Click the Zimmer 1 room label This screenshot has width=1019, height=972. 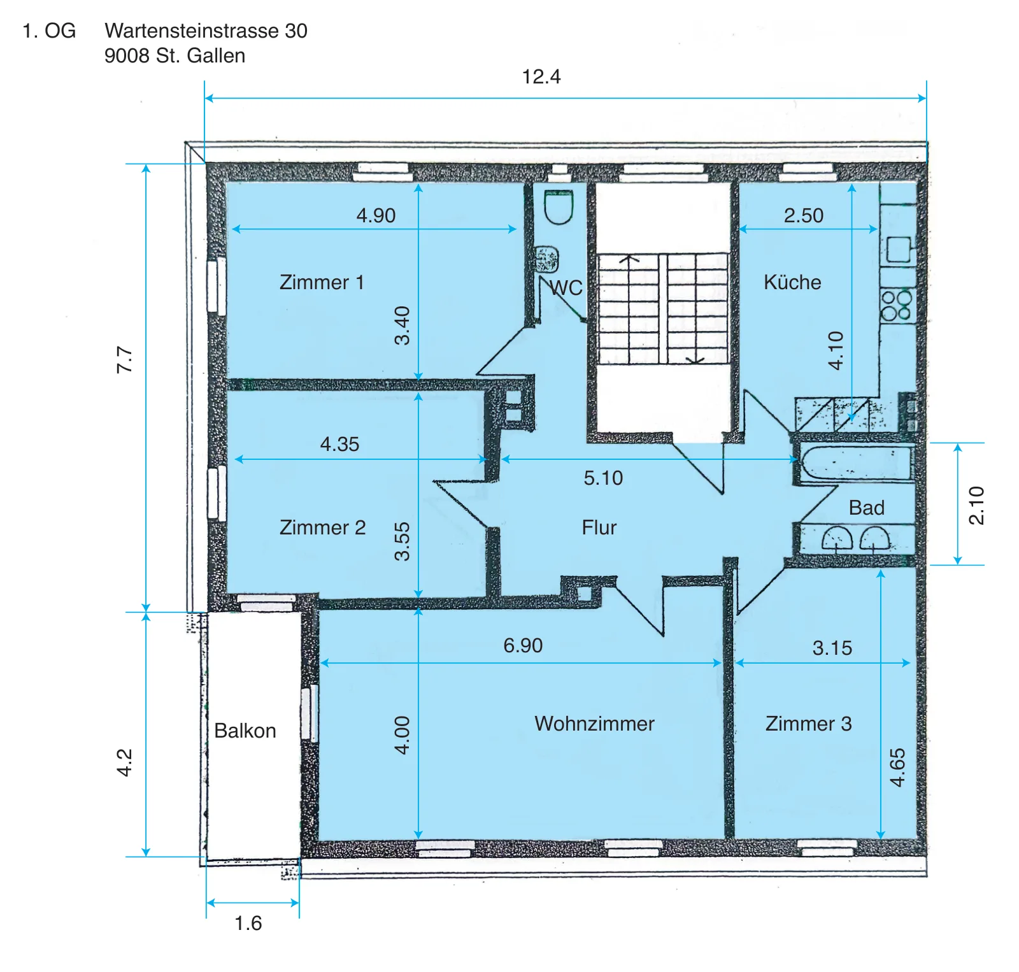[322, 282]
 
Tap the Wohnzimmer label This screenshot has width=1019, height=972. [594, 724]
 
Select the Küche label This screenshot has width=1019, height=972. [792, 282]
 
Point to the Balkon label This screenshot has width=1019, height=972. [245, 731]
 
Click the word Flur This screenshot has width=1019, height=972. [599, 527]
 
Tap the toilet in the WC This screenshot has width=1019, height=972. [559, 208]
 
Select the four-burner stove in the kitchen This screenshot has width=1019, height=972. [897, 305]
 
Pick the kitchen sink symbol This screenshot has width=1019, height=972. [898, 249]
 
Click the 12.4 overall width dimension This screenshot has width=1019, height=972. [541, 77]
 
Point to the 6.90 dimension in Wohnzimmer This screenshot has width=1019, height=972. [523, 646]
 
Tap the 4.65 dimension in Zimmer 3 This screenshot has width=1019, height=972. [897, 768]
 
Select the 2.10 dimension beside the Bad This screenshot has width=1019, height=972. [976, 505]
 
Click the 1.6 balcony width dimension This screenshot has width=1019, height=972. [248, 924]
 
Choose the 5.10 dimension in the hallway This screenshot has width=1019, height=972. [603, 478]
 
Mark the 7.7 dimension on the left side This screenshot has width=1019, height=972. [125, 360]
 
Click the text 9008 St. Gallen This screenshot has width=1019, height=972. [175, 56]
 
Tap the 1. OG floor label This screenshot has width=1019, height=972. [49, 31]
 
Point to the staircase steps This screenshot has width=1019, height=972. [662, 309]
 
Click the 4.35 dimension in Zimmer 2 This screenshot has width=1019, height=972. [339, 444]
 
